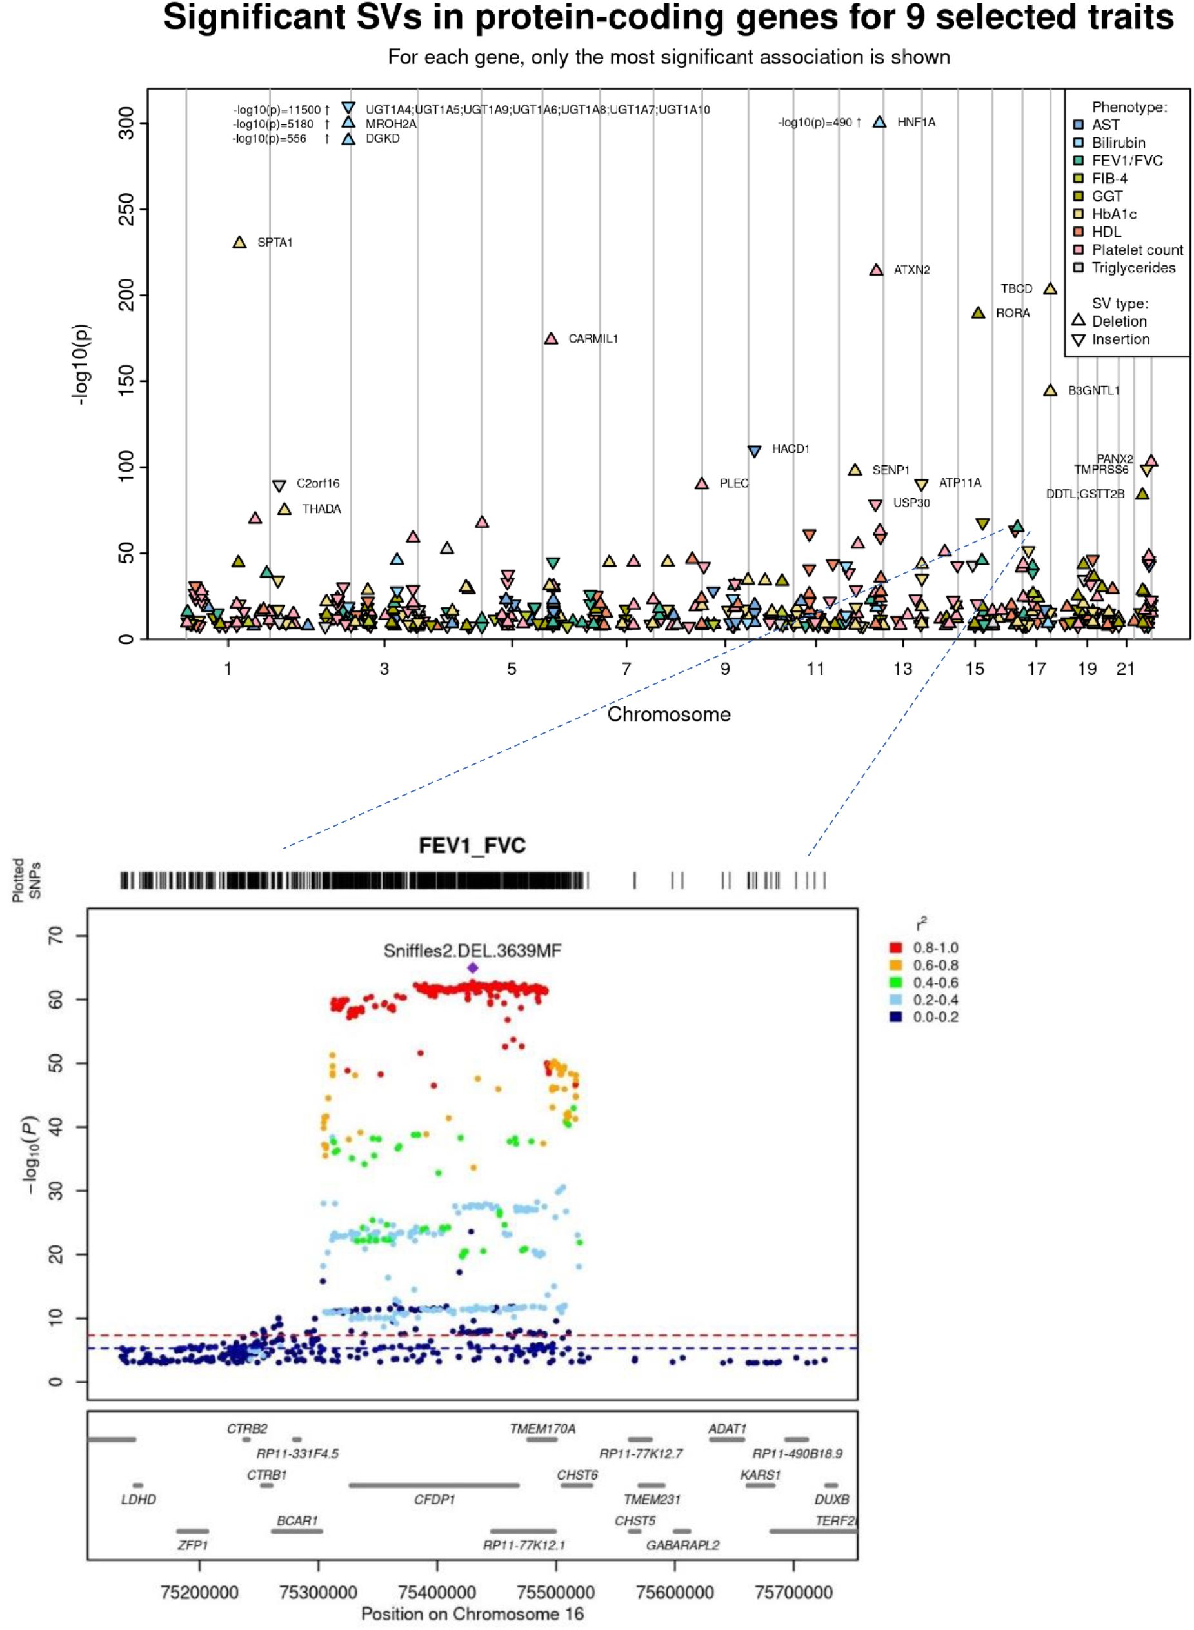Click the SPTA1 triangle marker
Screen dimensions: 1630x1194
(240, 243)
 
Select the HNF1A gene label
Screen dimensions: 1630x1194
(916, 123)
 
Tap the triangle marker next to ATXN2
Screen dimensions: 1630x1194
(876, 270)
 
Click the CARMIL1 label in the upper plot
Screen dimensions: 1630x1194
(593, 339)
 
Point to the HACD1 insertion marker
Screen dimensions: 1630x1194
(754, 451)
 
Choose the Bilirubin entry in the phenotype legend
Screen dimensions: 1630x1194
(1117, 143)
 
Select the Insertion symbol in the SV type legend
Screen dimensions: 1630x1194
(1079, 339)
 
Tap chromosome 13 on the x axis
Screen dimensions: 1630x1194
(902, 669)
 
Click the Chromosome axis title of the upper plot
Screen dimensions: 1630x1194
(668, 714)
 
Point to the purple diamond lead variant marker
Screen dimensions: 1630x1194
(473, 968)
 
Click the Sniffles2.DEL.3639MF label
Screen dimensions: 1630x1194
(472, 951)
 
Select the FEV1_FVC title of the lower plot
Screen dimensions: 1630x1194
(472, 846)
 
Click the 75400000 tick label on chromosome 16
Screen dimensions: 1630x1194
(437, 1593)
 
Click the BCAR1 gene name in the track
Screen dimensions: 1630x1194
(297, 1521)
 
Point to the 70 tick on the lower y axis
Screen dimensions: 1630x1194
(55, 936)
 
